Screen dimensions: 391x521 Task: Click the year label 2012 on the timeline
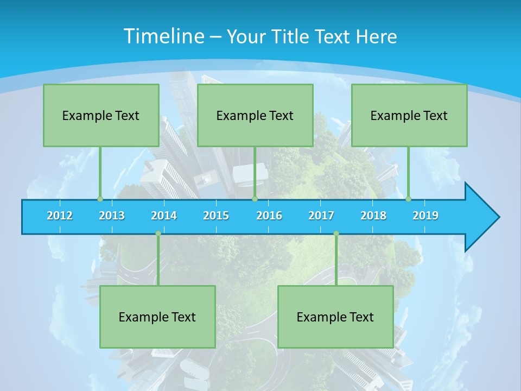(x=60, y=216)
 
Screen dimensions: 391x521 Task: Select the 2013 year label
(x=112, y=216)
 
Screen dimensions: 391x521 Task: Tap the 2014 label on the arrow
(x=164, y=216)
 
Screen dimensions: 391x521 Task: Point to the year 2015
(x=216, y=216)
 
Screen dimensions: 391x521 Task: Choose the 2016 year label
(x=269, y=216)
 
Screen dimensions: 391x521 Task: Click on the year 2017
(x=321, y=216)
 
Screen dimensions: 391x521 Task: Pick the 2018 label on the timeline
(x=373, y=216)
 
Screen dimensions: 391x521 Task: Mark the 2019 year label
(x=425, y=216)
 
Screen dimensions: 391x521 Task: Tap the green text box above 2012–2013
(x=101, y=115)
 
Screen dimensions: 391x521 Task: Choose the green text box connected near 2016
(x=255, y=115)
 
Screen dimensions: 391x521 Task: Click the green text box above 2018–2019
(x=409, y=115)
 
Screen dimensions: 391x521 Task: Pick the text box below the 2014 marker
(x=157, y=317)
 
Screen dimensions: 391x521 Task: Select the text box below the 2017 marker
(x=335, y=317)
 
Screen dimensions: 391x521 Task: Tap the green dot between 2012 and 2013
(x=100, y=199)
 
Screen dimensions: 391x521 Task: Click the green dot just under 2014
(x=158, y=234)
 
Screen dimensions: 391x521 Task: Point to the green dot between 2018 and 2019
(x=408, y=199)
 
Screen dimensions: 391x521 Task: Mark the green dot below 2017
(x=336, y=234)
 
